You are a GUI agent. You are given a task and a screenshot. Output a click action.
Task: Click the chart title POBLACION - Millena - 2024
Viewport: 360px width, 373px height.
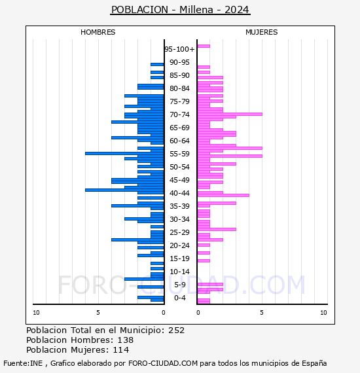tap(180, 10)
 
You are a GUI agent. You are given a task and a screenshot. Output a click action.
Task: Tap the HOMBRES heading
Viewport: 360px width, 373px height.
tap(98, 32)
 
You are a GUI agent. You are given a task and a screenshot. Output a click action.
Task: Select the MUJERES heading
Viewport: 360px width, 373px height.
tap(262, 32)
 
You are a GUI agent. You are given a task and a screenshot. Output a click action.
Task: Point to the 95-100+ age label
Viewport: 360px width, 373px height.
tap(179, 49)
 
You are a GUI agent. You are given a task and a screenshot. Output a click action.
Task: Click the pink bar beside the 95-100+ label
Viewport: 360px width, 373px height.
tap(204, 46)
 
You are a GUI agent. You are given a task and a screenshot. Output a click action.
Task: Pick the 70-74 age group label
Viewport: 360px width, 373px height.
tap(179, 115)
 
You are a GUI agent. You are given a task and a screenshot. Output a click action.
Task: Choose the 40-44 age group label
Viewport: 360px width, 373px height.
tap(179, 193)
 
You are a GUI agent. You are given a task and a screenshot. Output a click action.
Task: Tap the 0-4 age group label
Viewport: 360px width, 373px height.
tap(179, 298)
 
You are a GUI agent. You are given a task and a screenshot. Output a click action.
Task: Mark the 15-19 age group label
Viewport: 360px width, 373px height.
tap(179, 258)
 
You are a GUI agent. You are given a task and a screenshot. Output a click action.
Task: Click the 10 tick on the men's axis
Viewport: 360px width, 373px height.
tap(36, 313)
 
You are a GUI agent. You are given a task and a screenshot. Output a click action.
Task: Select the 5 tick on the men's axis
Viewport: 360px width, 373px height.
tap(98, 313)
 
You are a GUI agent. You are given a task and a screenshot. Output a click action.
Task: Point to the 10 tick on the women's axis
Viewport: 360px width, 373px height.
tap(323, 313)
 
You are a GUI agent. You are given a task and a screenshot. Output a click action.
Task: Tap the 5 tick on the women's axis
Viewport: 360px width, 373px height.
tap(262, 313)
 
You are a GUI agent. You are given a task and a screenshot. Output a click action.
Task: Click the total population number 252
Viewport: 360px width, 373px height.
tap(176, 330)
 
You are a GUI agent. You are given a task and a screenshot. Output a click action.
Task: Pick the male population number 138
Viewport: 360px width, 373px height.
tap(126, 340)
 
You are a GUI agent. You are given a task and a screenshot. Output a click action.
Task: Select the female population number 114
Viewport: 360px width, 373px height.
tap(121, 349)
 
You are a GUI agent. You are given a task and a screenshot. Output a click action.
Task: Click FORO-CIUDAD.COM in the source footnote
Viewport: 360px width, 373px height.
tap(163, 363)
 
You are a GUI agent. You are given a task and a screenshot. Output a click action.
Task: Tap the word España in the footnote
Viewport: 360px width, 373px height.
tap(314, 363)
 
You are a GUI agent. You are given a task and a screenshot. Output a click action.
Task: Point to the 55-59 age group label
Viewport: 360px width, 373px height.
tap(179, 154)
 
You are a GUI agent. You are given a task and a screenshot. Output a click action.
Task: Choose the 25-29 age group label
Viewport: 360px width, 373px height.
tap(179, 232)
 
